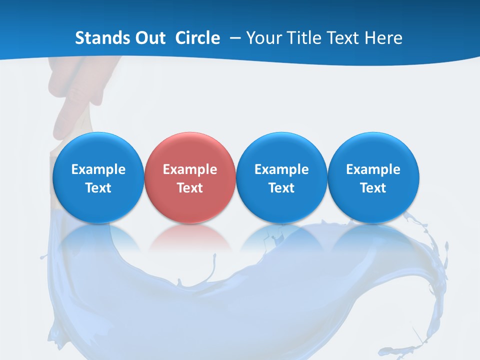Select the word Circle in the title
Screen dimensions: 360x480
coord(197,38)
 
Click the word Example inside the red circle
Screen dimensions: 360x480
coord(190,169)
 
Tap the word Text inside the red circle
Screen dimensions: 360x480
coord(190,188)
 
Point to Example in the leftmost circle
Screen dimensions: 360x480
coord(98,169)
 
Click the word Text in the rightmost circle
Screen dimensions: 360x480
coord(373,188)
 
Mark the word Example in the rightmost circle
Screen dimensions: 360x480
coord(373,169)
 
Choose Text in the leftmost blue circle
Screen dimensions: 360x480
coord(98,188)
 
